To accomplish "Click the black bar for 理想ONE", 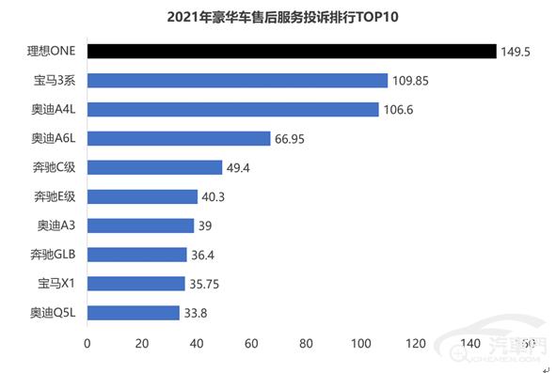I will [x=292, y=51].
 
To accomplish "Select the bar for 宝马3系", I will [x=237, y=81].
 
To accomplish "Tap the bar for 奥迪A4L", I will [x=233, y=110].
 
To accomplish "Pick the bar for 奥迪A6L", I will [x=179, y=139].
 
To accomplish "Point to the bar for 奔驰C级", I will [x=154, y=167].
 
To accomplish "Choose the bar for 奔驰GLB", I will [x=137, y=255].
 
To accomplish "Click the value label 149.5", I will [x=516, y=52].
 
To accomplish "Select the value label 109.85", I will [x=410, y=81].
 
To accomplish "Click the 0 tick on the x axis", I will [x=87, y=343].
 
